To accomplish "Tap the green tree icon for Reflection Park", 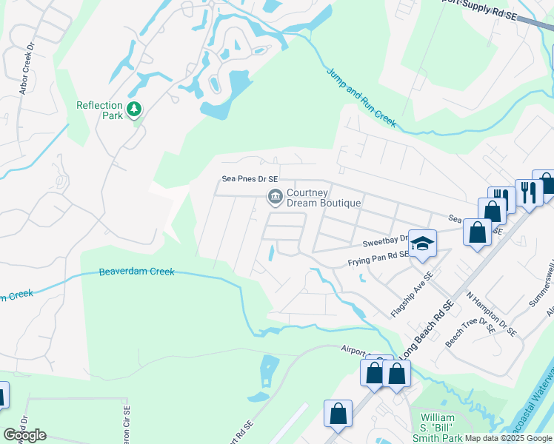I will point(134,110).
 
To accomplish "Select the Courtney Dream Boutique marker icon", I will point(275,196).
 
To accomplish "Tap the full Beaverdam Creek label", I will point(137,272).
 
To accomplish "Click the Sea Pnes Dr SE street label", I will point(250,179).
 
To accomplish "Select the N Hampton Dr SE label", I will point(490,312).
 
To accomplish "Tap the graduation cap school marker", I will point(422,243).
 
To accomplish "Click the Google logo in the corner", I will point(24,435).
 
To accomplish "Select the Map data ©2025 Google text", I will point(507,438).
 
